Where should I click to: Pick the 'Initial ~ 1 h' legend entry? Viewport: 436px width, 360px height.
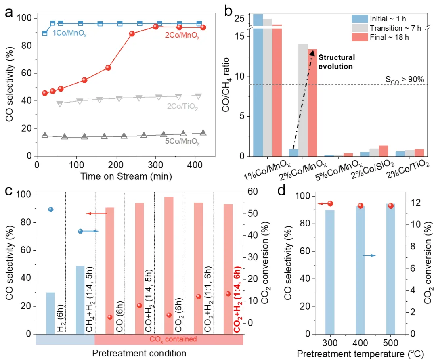pyautogui.click(x=385, y=18)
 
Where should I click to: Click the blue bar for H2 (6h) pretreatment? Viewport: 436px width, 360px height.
pyautogui.click(x=50, y=313)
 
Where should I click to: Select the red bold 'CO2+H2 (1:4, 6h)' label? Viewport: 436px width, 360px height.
pyautogui.click(x=237, y=299)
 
